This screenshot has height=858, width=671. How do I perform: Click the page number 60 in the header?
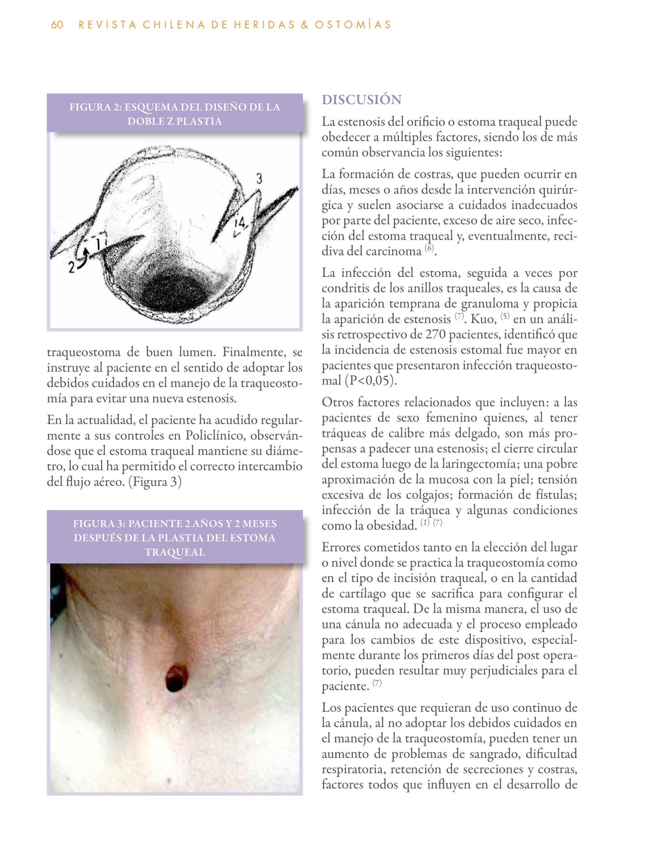click(x=57, y=25)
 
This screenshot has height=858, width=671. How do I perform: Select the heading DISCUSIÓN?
click(x=361, y=100)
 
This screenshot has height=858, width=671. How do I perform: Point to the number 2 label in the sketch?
click(x=71, y=267)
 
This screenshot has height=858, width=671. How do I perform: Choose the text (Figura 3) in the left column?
click(x=155, y=482)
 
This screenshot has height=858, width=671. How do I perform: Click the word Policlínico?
click(x=215, y=436)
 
